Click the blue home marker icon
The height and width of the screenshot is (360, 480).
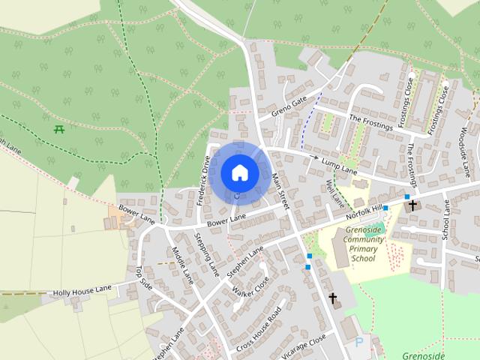pyautogui.click(x=239, y=173)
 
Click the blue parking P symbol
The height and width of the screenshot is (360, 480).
pyautogui.click(x=358, y=342)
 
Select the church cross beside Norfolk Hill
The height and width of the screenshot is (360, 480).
pyautogui.click(x=412, y=204)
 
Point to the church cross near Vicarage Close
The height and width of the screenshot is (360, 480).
pyautogui.click(x=333, y=298)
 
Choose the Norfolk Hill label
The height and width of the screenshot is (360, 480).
pyautogui.click(x=364, y=212)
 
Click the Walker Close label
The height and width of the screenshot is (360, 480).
pyautogui.click(x=250, y=286)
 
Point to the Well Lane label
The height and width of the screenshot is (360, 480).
pyautogui.click(x=335, y=193)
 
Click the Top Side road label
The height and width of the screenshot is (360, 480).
pyautogui.click(x=144, y=278)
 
